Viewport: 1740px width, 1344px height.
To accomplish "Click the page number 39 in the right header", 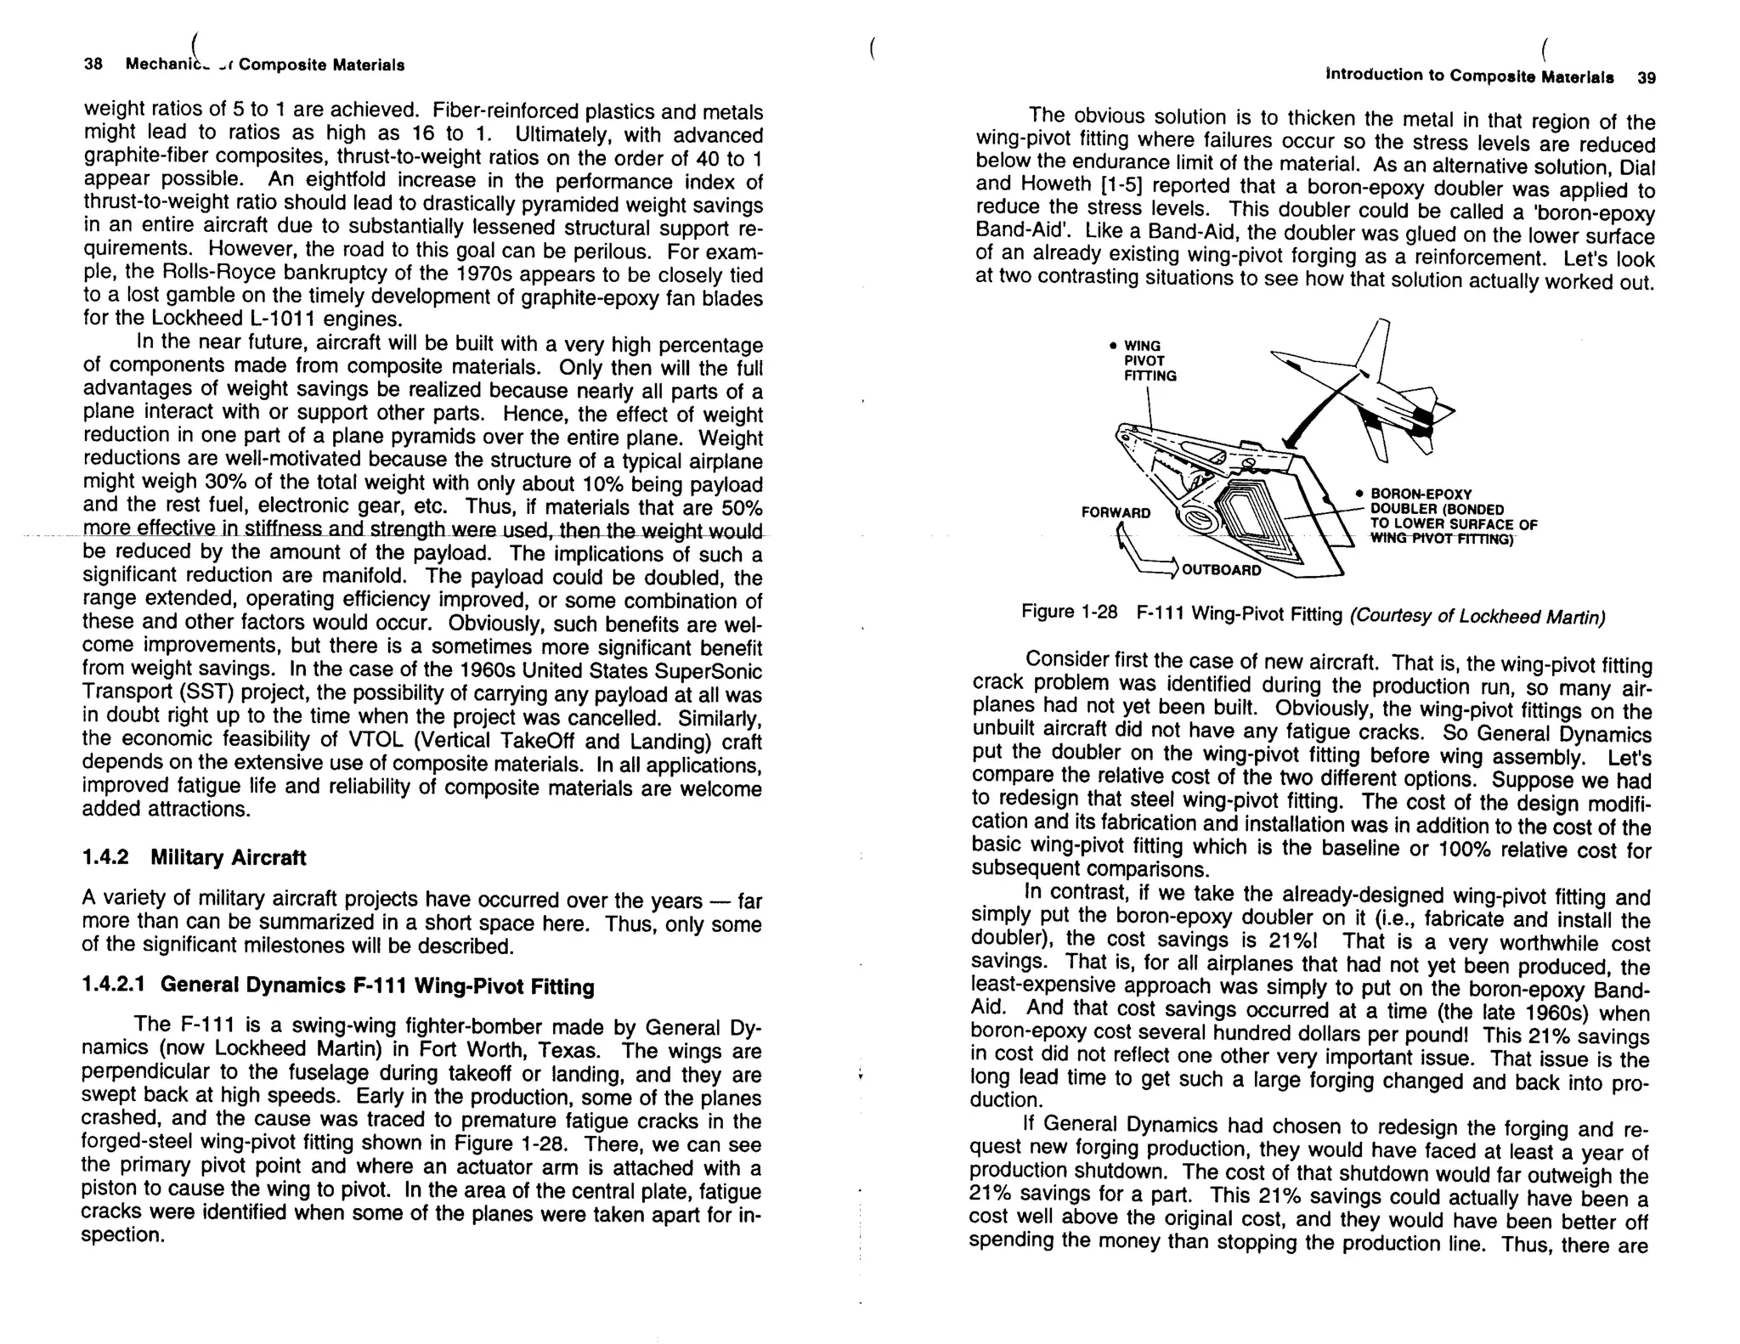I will tap(1647, 77).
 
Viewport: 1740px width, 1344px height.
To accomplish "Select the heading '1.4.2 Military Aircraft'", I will tap(194, 857).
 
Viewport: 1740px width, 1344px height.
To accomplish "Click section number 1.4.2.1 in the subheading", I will tap(115, 985).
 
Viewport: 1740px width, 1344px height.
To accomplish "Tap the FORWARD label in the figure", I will tap(1116, 512).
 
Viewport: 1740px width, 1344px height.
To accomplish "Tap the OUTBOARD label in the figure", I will tap(1222, 570).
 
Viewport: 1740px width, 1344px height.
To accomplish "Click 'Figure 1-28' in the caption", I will tap(1069, 613).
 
